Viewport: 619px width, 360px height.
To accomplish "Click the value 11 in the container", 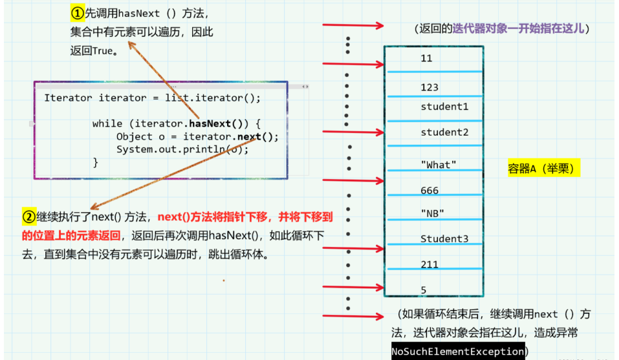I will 426,58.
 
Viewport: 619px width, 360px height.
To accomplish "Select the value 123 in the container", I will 429,87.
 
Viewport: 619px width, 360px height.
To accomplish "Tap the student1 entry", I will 444,107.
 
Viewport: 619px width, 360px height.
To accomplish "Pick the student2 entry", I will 444,132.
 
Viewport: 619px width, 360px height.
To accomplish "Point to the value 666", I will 429,191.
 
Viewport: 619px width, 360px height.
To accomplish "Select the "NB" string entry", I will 432,213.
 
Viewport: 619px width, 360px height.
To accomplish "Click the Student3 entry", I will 444,239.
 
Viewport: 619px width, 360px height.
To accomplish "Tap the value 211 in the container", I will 429,264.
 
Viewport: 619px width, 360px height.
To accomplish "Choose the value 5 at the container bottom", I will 424,290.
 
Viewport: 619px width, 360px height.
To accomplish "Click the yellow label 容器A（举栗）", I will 544,169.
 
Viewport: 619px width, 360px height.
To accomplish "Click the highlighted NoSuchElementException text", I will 457,351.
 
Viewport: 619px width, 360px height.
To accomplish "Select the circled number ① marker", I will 78,13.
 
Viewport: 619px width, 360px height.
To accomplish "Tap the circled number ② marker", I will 28,217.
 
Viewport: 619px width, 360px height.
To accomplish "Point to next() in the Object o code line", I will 257,136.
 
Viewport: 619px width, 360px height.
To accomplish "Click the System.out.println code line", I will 182,149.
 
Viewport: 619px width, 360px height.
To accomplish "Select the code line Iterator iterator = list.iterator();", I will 152,98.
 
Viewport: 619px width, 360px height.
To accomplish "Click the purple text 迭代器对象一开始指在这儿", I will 518,28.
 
